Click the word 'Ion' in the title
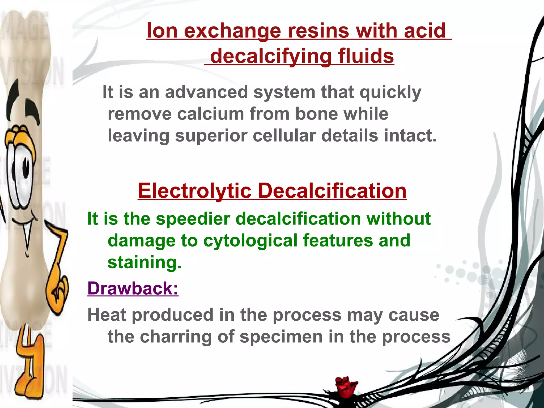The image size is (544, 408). click(162, 31)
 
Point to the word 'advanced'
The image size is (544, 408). click(206, 92)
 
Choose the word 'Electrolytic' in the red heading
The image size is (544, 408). click(195, 191)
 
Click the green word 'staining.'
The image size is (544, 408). click(144, 262)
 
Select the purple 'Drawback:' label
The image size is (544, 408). click(133, 288)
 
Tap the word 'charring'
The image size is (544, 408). click(176, 337)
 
